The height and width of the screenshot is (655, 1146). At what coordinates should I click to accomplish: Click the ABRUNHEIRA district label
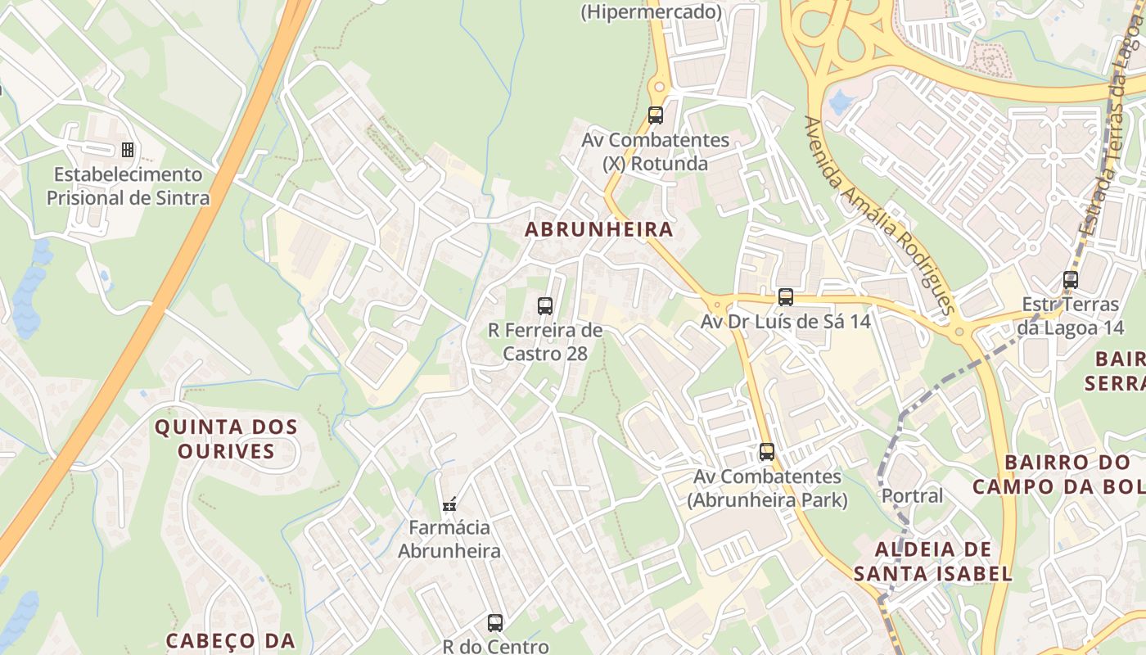coord(598,229)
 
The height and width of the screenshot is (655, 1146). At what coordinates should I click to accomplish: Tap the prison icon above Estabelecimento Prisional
coord(128,149)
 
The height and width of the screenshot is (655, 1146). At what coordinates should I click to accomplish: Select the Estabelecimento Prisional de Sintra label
coord(128,187)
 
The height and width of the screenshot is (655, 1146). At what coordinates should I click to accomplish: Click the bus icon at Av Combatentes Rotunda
coord(655,115)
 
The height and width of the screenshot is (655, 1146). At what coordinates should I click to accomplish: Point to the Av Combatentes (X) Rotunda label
coord(655,152)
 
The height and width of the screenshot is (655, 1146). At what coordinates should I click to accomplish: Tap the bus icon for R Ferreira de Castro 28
coord(545,306)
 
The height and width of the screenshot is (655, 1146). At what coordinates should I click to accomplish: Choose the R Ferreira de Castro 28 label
coord(545,342)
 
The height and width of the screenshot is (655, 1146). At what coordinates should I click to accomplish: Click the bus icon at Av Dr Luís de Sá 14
coord(786,297)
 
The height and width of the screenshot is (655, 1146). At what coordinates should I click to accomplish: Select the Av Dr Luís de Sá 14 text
coord(786,322)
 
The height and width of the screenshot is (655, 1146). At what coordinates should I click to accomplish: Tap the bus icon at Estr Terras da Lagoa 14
coord(1070,280)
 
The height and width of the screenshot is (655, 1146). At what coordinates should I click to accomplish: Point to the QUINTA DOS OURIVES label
coord(226,439)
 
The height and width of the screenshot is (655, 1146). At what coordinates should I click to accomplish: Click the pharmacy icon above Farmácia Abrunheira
coord(449,504)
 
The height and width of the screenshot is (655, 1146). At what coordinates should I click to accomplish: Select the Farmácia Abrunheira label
coord(449,540)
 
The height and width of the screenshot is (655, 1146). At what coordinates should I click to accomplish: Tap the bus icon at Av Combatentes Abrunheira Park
coord(767,451)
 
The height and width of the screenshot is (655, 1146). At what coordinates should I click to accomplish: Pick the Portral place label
coord(912,496)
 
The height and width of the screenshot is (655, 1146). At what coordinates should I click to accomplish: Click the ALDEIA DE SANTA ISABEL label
coord(933,561)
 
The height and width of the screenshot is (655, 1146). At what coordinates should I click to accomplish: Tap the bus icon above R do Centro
coord(495,622)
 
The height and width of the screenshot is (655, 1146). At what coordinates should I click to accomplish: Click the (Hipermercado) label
coord(652,12)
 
